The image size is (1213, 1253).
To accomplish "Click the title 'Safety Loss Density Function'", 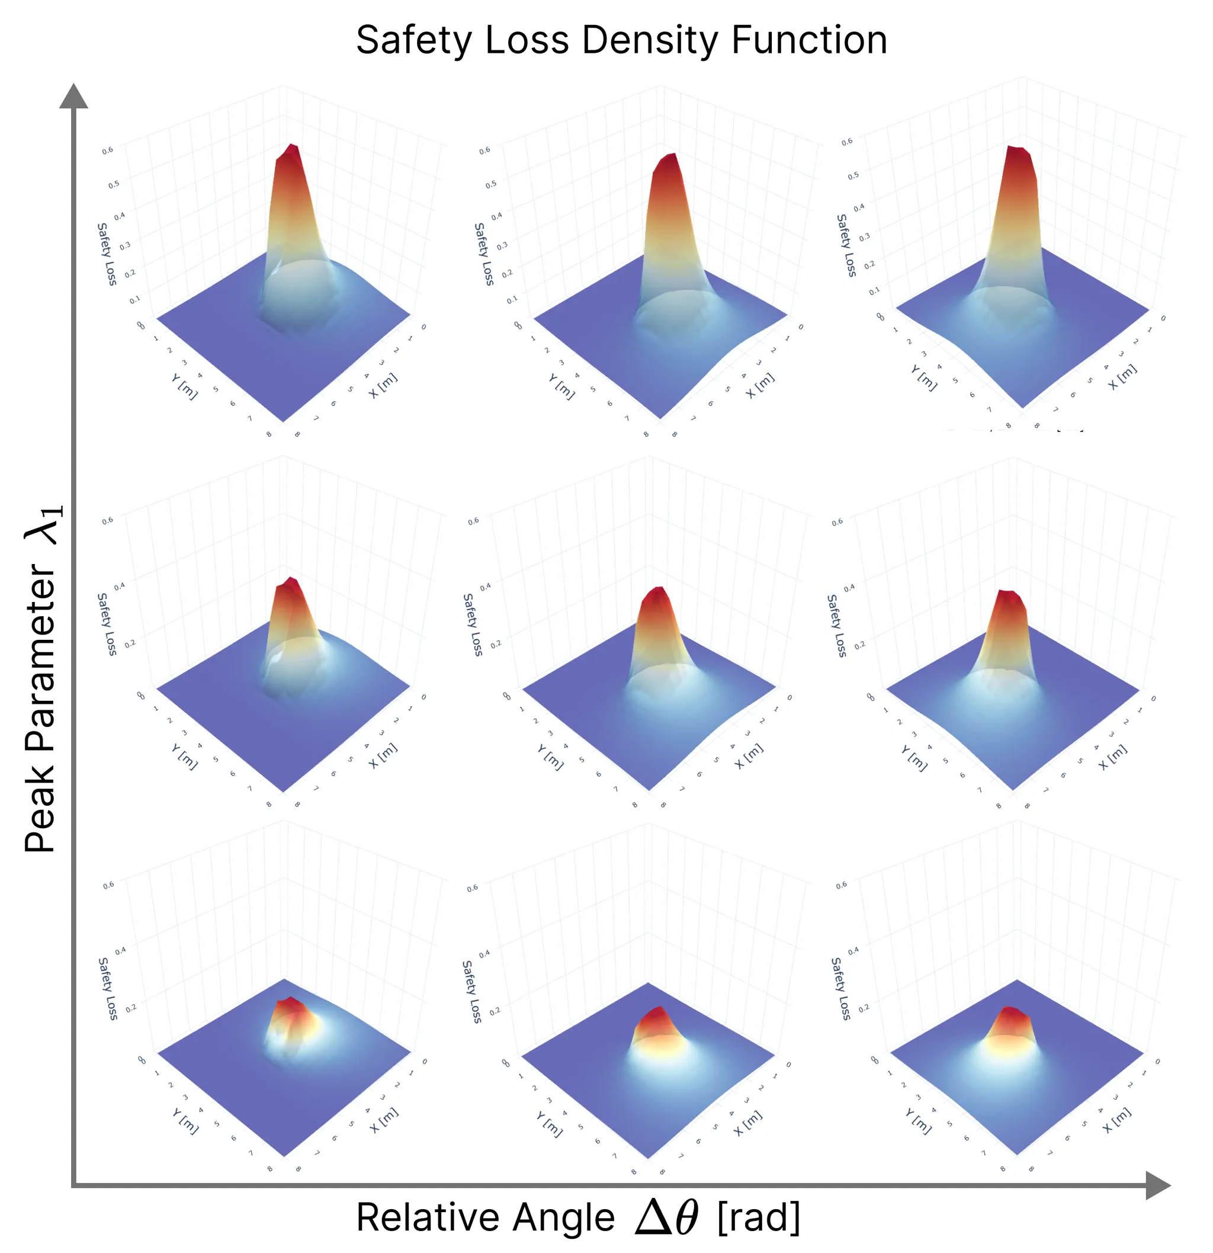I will (x=621, y=40).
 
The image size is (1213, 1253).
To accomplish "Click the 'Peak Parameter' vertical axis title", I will (x=42, y=678).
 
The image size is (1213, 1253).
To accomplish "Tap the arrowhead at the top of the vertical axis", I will (x=73, y=97).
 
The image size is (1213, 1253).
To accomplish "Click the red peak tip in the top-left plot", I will (x=292, y=149).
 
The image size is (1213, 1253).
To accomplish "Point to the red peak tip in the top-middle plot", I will (x=668, y=159).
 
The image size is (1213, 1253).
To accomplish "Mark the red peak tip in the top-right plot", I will (x=1018, y=151).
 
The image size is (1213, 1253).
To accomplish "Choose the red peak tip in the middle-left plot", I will (x=291, y=582).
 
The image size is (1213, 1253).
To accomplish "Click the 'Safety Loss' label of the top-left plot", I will (x=107, y=254).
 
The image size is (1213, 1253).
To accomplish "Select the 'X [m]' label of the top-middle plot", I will (x=760, y=386).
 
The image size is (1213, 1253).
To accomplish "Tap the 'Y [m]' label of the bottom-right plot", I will (x=919, y=1121).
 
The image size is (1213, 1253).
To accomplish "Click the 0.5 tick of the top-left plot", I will (x=113, y=184).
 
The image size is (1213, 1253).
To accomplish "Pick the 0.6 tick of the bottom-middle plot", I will (x=472, y=888).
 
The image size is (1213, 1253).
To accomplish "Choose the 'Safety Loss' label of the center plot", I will (x=472, y=624).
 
